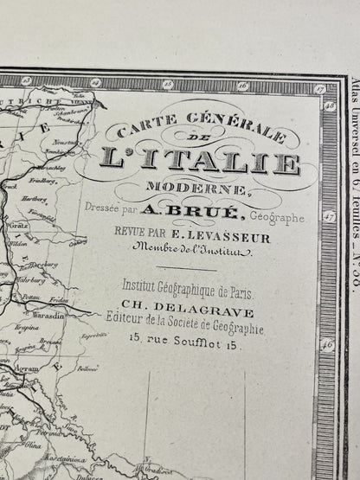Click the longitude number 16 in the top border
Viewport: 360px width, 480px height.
pyautogui.click(x=244, y=86)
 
